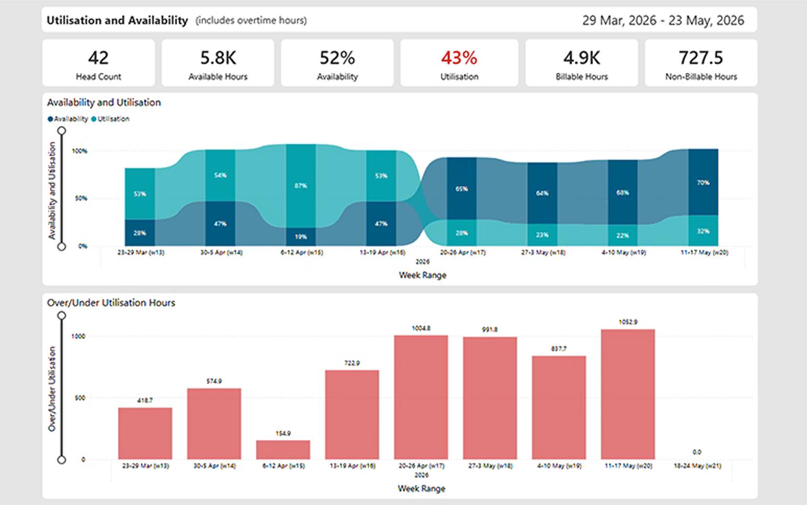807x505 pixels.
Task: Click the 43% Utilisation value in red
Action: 459,58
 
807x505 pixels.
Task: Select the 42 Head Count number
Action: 98,58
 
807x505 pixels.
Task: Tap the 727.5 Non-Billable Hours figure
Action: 700,58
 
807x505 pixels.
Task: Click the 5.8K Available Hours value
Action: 217,58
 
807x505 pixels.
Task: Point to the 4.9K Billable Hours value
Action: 581,58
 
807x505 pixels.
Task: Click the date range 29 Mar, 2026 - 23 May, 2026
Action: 663,20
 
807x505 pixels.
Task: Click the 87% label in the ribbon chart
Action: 301,186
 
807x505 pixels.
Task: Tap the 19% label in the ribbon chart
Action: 301,237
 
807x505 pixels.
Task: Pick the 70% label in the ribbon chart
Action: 703,182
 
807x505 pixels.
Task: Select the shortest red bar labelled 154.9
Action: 283,450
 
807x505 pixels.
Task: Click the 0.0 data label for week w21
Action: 697,452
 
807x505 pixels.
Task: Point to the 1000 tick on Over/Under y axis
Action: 78,336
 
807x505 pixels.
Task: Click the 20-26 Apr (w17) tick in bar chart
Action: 421,465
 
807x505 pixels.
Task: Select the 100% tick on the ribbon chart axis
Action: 79,151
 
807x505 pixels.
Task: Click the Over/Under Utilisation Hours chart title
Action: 111,303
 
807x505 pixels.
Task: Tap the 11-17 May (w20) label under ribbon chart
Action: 704,252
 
